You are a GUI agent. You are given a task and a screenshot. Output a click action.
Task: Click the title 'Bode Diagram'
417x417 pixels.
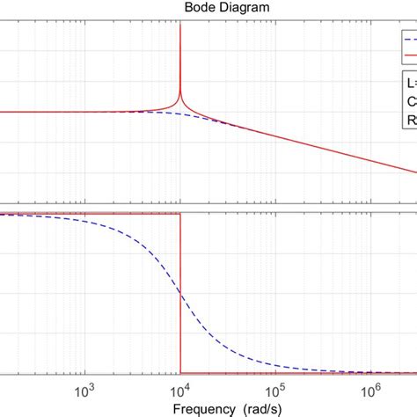coord(209,7)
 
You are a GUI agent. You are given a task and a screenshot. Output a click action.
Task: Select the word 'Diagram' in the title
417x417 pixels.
coord(224,7)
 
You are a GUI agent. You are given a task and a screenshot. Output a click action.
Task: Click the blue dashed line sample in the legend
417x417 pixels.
coord(410,40)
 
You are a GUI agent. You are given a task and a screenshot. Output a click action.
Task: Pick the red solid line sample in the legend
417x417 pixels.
coord(410,54)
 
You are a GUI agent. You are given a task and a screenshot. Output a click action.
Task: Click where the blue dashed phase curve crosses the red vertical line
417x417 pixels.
coord(180,293)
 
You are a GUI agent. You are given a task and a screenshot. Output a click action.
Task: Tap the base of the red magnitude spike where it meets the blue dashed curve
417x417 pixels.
coord(180,115)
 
